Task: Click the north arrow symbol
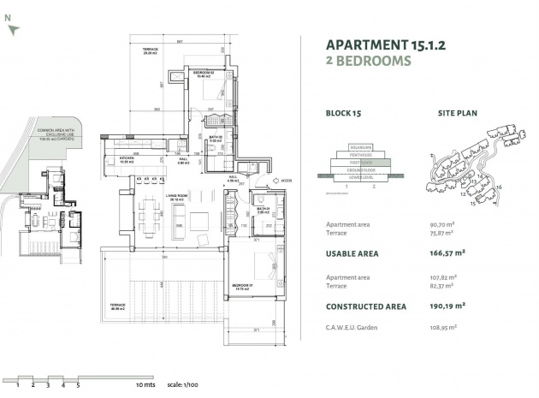pyautogui.click(x=11, y=28)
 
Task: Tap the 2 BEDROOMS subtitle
pyautogui.click(x=369, y=61)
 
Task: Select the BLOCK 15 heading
pyautogui.click(x=345, y=112)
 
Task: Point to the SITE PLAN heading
pyautogui.click(x=457, y=112)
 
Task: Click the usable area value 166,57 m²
pyautogui.click(x=447, y=253)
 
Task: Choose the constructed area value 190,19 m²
pyautogui.click(x=447, y=306)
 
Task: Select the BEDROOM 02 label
pyautogui.click(x=203, y=74)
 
